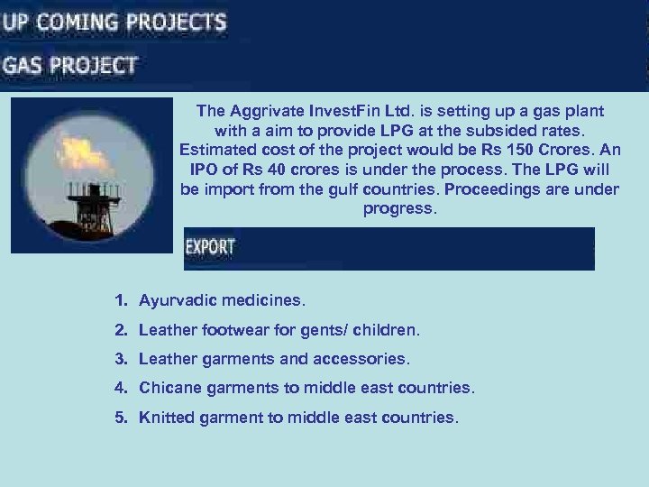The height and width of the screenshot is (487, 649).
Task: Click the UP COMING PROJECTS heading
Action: (x=114, y=22)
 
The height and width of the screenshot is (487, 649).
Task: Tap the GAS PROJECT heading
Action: (x=70, y=65)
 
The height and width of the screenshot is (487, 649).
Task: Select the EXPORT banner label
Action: (x=210, y=246)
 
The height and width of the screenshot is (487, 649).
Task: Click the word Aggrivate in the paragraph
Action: (x=269, y=111)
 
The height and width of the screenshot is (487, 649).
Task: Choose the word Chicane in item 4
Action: (x=169, y=388)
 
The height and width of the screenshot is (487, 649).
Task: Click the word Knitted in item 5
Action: (x=166, y=418)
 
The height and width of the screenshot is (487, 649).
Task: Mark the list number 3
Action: (x=120, y=359)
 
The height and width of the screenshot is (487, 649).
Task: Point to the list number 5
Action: (x=120, y=418)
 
